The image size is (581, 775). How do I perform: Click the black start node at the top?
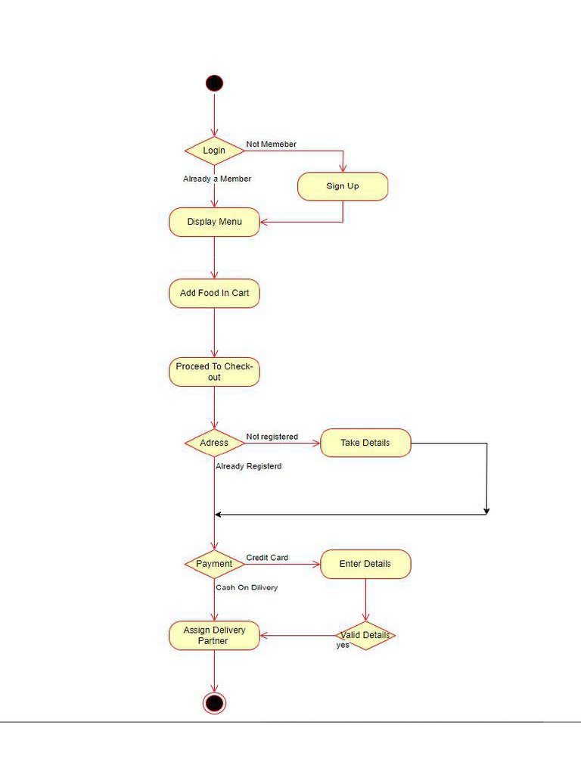tap(214, 83)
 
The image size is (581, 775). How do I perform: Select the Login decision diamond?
tap(214, 151)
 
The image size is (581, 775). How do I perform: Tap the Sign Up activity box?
tap(343, 186)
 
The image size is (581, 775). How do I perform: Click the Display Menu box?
tap(214, 222)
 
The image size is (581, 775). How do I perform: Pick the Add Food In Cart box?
tap(214, 293)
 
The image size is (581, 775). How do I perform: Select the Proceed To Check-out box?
tap(214, 372)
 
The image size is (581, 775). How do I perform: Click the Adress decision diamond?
tap(214, 443)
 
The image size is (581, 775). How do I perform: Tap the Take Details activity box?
tap(365, 443)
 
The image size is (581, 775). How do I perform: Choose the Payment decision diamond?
tap(214, 564)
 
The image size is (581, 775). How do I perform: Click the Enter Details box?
tap(365, 564)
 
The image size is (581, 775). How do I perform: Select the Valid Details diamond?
tap(365, 635)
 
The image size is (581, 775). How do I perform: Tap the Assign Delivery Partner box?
tap(214, 635)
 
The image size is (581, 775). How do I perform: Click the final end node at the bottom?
tap(214, 703)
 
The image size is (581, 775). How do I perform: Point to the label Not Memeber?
tap(271, 144)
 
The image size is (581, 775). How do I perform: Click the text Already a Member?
tap(217, 179)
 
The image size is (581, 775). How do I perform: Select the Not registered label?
tap(272, 437)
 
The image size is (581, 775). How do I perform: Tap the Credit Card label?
tap(267, 558)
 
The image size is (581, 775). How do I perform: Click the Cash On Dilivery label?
tap(247, 587)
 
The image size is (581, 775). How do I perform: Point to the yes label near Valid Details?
tap(343, 646)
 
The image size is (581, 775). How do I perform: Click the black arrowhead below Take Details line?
tap(486, 511)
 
